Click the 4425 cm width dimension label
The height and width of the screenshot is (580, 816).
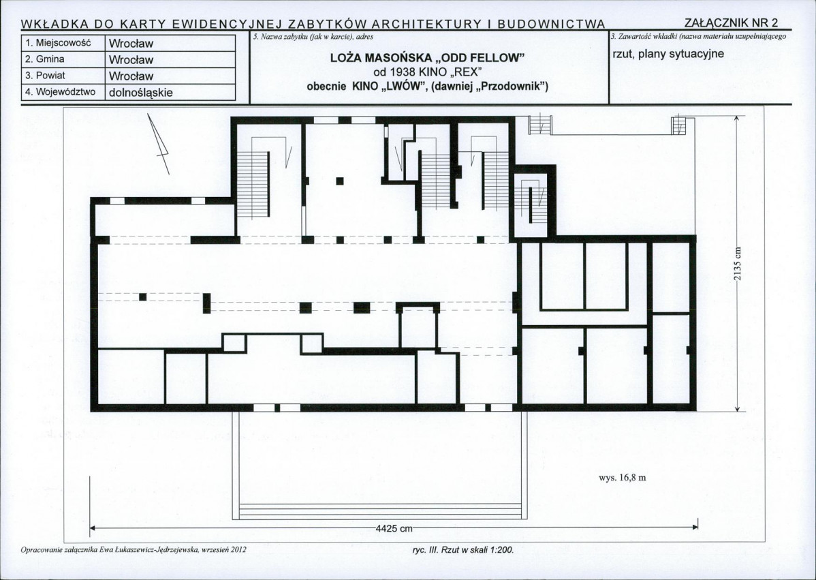[x=394, y=529]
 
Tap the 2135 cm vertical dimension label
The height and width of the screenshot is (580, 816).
[x=738, y=263]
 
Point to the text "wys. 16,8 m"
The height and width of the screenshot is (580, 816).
[x=623, y=478]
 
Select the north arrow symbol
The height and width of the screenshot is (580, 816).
[x=159, y=144]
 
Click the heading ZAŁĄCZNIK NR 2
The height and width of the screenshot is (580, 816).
[x=731, y=23]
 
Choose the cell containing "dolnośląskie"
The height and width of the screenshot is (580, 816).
[x=170, y=93]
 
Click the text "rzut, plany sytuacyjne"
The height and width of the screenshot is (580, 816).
[x=668, y=54]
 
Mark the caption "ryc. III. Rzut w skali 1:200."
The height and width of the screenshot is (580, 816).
[x=462, y=549]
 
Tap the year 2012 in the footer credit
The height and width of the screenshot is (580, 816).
[x=238, y=549]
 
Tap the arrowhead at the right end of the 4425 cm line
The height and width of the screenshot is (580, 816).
[x=696, y=527]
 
